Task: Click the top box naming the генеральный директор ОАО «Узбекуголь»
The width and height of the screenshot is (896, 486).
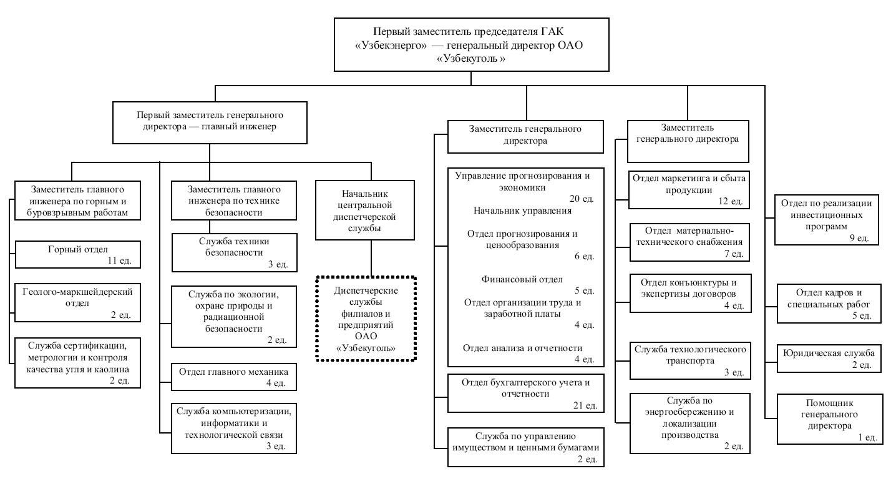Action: coord(472,44)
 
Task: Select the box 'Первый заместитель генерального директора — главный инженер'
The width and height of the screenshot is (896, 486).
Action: coord(210,122)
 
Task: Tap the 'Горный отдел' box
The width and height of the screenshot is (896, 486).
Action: coord(78,255)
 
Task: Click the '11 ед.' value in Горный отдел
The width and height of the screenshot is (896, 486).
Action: coord(119,260)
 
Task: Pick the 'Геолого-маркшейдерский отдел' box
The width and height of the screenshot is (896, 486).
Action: coord(77,303)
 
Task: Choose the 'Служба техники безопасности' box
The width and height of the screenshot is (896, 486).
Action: coord(235,252)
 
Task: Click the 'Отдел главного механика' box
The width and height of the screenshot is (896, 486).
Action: coord(234,377)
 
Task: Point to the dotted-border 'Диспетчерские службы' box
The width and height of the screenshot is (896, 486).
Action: coord(366,319)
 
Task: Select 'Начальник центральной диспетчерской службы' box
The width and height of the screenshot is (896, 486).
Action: coord(365,210)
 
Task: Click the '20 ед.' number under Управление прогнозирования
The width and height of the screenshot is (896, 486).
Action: coord(582,199)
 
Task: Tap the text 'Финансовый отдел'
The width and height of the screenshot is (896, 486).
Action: coord(522,279)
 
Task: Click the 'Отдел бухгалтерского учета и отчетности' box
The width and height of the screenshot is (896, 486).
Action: coord(525,393)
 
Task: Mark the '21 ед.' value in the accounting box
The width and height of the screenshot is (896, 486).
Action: coord(585,405)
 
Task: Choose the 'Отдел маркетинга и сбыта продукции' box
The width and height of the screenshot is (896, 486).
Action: coord(689,190)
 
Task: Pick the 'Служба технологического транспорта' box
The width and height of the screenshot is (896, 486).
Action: coord(690,360)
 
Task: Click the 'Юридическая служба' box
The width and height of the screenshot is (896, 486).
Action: coord(829,359)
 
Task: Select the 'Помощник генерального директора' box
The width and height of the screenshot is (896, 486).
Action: coord(830,419)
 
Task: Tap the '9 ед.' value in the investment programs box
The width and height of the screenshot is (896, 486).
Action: coord(859,238)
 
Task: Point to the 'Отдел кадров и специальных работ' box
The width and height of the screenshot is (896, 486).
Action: coord(829,304)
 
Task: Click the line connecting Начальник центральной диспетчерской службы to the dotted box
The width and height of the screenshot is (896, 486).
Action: coord(371,258)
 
